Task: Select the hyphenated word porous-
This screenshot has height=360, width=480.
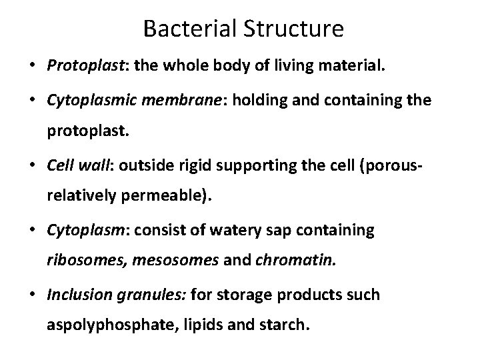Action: (x=399, y=163)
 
